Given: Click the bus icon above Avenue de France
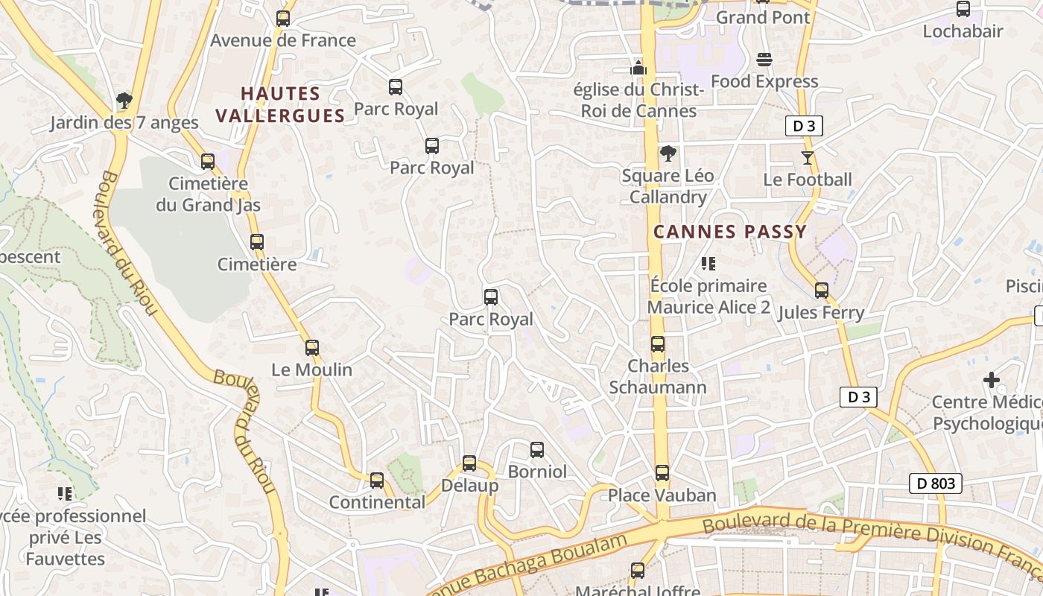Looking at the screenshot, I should (283, 19).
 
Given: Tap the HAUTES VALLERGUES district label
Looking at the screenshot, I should (280, 104).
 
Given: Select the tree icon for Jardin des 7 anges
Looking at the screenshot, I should (124, 100).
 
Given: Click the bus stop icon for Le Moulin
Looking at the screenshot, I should (312, 347).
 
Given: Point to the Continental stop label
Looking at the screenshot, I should (377, 502).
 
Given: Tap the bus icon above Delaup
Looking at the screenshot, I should (469, 463).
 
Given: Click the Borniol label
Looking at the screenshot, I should (536, 472).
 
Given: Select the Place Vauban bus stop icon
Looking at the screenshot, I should (662, 472).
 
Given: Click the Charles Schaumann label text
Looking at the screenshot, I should (658, 376).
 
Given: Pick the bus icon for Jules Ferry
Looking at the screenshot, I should (822, 291).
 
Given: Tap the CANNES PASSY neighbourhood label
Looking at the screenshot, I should (730, 232).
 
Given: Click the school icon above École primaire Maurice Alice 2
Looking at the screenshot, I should (708, 264).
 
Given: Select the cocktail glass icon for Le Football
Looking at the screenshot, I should (807, 157).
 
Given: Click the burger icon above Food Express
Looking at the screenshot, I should (764, 59).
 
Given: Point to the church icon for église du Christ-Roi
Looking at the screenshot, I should (638, 68).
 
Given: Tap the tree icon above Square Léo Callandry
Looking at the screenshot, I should (668, 153).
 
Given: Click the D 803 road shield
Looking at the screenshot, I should (936, 484).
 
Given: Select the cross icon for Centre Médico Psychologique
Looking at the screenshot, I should (992, 380).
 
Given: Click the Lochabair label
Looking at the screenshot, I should (963, 31).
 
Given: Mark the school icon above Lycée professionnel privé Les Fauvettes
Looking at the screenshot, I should (65, 493).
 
